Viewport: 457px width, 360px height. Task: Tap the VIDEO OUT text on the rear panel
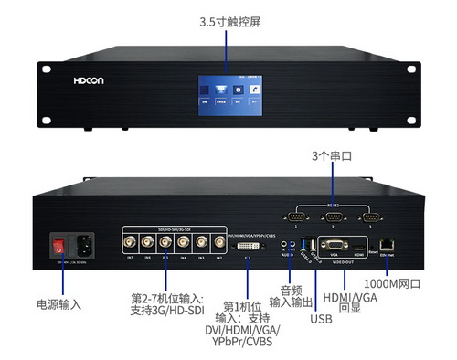point(343,266)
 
